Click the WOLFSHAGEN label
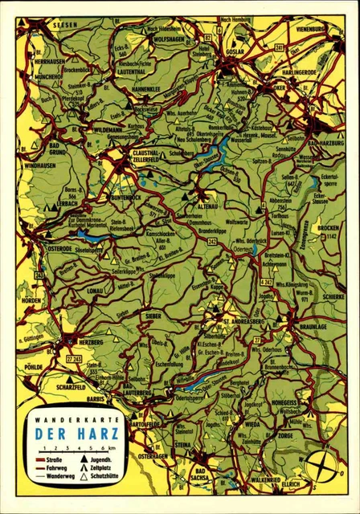coord(169,37)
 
